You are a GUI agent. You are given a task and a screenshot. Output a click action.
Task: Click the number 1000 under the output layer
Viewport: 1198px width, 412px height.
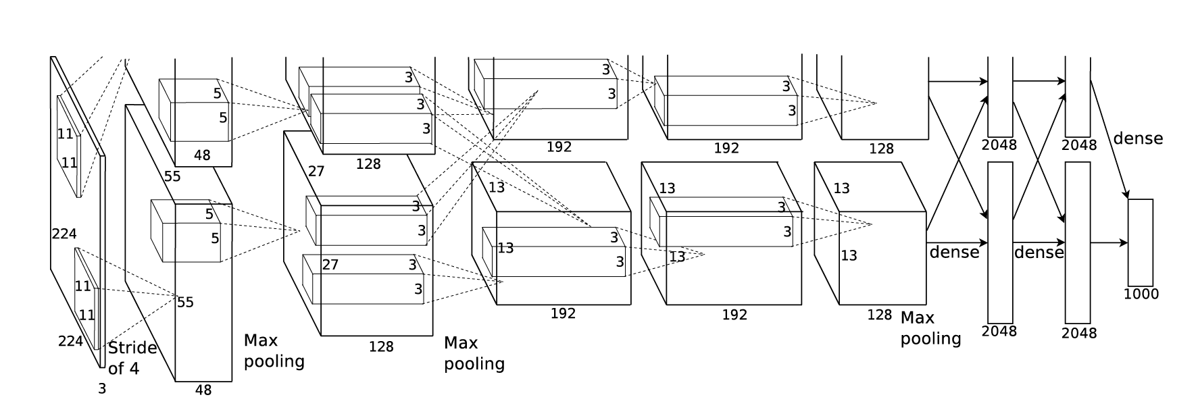1141,294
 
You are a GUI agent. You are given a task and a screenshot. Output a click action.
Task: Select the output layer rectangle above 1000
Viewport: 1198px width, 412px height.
1140,242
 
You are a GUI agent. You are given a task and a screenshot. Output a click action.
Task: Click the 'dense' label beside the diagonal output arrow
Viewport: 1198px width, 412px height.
1138,138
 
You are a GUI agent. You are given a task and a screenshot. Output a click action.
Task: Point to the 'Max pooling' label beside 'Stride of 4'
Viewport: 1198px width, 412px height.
274,351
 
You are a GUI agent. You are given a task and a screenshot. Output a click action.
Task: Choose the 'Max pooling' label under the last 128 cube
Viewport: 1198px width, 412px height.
930,328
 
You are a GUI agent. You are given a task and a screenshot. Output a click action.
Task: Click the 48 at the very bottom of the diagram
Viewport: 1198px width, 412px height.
203,390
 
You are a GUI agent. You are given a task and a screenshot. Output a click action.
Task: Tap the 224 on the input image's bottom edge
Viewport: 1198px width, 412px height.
70,341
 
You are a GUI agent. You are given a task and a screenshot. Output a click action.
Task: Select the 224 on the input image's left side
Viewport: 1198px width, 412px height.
64,234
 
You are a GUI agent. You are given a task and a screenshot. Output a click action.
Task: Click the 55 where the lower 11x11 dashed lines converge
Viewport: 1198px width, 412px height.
185,302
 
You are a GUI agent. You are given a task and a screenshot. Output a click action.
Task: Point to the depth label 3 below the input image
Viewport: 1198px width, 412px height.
102,389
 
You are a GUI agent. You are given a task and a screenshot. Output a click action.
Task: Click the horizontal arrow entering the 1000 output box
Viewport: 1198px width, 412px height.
1109,242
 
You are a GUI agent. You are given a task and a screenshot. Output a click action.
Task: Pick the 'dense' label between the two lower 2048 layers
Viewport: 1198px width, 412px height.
1039,252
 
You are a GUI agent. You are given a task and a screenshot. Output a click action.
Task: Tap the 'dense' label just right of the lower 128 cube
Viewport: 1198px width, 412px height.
954,252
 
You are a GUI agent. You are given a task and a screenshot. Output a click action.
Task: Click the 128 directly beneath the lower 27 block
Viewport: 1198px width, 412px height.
381,346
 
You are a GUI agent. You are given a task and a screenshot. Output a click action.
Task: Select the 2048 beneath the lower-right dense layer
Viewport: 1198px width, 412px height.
1079,333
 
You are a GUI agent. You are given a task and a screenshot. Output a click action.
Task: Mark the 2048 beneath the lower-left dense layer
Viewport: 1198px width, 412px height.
999,331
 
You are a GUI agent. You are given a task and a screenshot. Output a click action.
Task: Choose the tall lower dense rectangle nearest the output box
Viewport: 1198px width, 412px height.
1078,242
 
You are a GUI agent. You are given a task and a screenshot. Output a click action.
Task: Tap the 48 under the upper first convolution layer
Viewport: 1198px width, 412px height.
202,155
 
